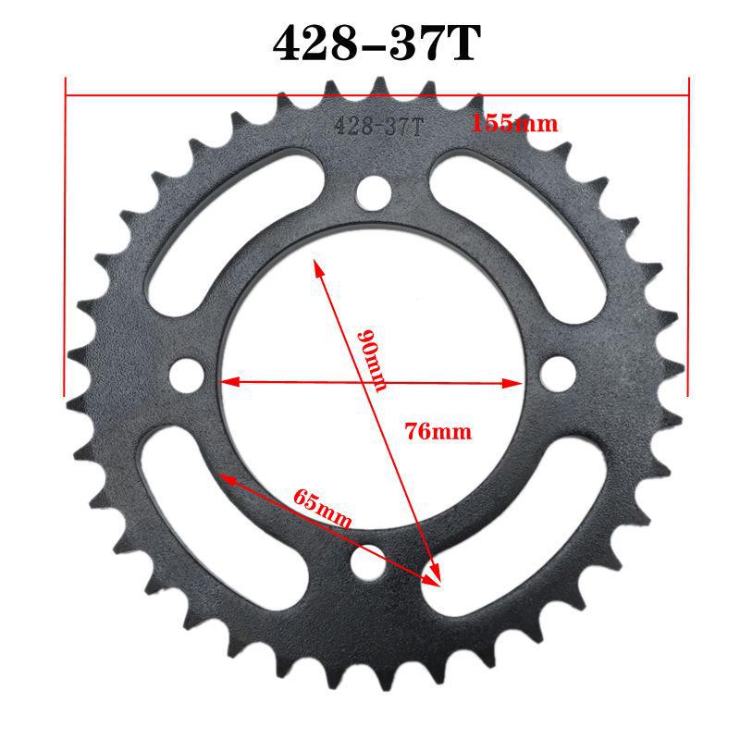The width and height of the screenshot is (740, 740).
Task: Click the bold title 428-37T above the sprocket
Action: pyautogui.click(x=376, y=43)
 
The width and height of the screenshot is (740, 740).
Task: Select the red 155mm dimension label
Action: pyautogui.click(x=515, y=123)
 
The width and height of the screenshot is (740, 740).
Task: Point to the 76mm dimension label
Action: pyautogui.click(x=438, y=431)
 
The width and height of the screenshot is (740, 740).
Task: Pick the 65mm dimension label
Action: pyautogui.click(x=322, y=508)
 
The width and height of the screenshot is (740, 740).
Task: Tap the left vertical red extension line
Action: pyautogui.click(x=65, y=240)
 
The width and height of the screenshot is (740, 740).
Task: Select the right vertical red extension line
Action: pyautogui.click(x=688, y=240)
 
